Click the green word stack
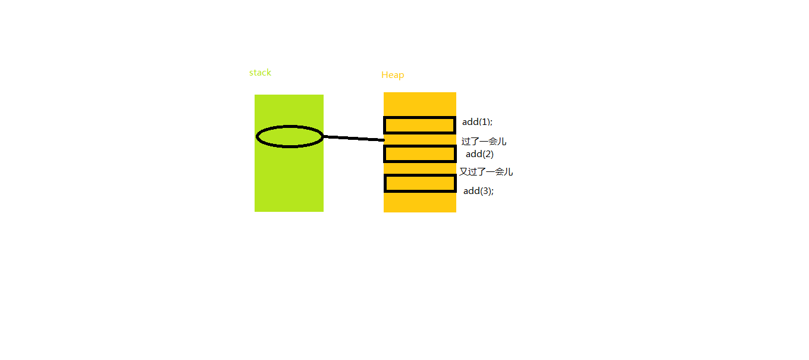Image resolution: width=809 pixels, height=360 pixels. [x=260, y=73]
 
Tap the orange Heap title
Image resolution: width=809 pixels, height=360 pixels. [x=393, y=75]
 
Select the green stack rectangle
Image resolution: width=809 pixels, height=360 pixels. [x=289, y=154]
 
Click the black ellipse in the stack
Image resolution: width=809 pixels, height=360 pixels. [x=257, y=137]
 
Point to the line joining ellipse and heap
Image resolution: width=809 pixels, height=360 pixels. [x=354, y=139]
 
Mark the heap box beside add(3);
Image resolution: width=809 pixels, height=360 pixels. [x=420, y=176]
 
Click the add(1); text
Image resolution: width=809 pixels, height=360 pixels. [x=477, y=122]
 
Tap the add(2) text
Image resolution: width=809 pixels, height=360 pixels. [x=479, y=154]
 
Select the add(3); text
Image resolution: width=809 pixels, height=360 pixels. [x=478, y=191]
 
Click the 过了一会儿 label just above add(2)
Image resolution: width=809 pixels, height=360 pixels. [x=484, y=142]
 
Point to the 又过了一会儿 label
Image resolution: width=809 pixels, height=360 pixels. [x=486, y=172]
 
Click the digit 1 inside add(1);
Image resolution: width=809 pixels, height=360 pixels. [x=485, y=122]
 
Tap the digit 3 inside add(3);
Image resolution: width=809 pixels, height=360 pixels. [x=485, y=191]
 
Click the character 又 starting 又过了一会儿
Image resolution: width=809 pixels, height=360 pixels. [x=464, y=172]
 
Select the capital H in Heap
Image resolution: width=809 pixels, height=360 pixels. [x=384, y=75]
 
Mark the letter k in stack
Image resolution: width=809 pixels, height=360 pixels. [x=269, y=72]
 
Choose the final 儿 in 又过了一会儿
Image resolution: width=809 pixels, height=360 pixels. [x=509, y=172]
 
